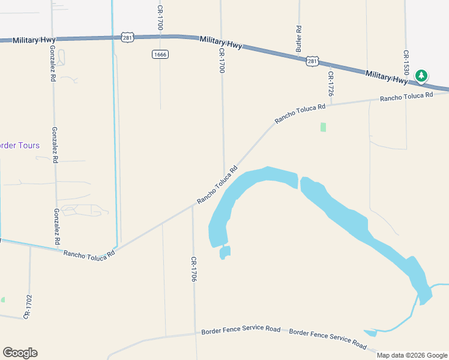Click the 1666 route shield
click(160, 54)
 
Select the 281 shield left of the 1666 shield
click(127, 37)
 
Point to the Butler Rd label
click(298, 37)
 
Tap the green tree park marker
click(421, 76)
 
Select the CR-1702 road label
click(28, 306)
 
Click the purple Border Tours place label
click(20, 145)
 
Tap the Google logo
click(20, 353)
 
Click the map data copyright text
click(412, 355)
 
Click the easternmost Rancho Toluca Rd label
click(406, 96)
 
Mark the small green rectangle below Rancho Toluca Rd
click(323, 127)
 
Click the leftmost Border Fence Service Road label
click(241, 330)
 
